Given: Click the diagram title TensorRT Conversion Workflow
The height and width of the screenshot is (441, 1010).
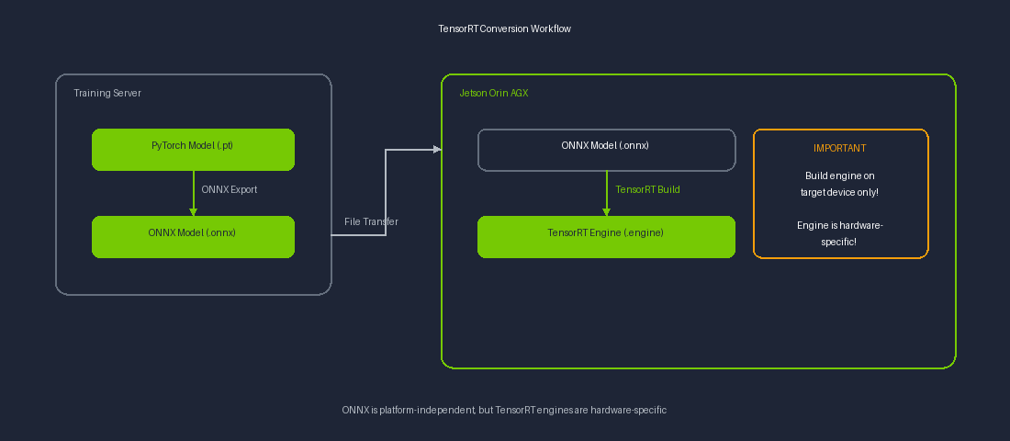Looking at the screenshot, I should [x=504, y=28].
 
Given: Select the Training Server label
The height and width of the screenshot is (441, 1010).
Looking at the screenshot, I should [x=107, y=94].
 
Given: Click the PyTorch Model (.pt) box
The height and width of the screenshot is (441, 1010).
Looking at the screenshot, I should [x=193, y=149].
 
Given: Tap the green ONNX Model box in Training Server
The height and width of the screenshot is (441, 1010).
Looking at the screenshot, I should [x=193, y=236].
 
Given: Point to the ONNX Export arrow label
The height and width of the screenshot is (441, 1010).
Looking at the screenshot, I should [x=229, y=190].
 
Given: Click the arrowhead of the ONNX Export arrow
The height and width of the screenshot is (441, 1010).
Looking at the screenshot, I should [x=193, y=211].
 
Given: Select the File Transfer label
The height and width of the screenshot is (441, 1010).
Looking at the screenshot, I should [x=371, y=221].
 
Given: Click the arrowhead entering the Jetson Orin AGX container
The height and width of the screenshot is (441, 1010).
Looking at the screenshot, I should [x=436, y=149].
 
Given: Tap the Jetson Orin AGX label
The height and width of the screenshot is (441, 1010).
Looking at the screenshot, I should [x=493, y=94].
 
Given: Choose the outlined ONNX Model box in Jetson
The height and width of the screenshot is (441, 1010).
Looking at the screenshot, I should [x=606, y=150].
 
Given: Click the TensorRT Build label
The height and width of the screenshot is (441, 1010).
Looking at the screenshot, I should [x=647, y=190].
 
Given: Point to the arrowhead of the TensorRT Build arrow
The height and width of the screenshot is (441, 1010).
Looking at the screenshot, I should [x=606, y=211].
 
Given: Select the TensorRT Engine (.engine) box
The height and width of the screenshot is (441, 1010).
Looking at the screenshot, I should [x=606, y=236].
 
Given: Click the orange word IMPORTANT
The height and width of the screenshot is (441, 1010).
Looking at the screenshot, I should [x=839, y=148].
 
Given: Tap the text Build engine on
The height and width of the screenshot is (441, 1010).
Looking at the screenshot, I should [x=839, y=175].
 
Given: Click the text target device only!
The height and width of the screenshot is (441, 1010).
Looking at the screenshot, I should [x=839, y=192].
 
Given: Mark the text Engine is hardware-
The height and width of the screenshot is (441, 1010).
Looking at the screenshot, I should [x=839, y=225].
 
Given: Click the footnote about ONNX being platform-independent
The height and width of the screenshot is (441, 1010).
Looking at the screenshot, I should [x=504, y=410].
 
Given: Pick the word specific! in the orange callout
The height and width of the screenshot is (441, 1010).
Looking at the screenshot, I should [x=839, y=242].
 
